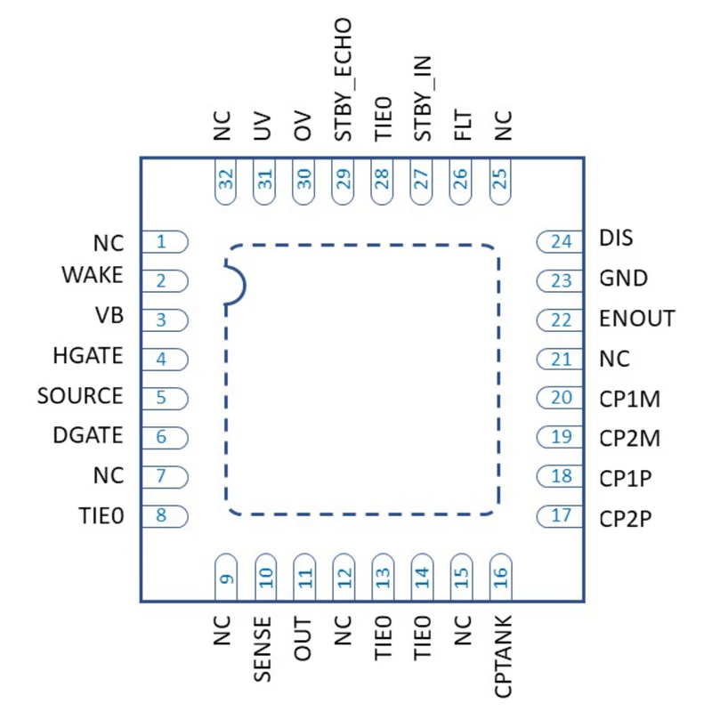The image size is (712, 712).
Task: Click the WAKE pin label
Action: [x=93, y=276]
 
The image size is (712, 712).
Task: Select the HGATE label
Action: [x=87, y=356]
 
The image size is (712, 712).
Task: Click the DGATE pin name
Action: [x=87, y=435]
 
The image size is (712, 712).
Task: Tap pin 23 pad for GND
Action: [x=557, y=280]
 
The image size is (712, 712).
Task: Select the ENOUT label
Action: [x=636, y=318]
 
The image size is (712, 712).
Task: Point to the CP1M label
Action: [x=629, y=398]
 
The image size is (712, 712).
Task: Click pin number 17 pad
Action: [x=557, y=515]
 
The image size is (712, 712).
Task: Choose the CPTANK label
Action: [x=501, y=655]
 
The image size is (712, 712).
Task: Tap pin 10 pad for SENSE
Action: [x=264, y=576]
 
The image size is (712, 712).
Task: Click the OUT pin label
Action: [x=303, y=637]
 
